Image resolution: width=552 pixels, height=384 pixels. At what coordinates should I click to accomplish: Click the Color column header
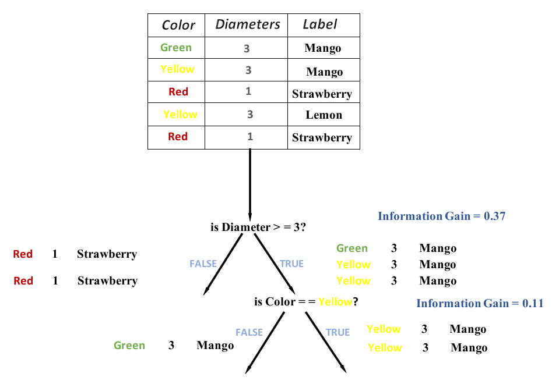click(178, 25)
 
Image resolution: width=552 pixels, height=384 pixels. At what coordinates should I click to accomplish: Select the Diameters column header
click(248, 24)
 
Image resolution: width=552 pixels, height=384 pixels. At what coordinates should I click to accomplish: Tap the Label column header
click(320, 24)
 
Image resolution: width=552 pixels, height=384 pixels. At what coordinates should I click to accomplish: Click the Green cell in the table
click(175, 48)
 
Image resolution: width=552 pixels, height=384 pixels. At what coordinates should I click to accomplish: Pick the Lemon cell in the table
click(324, 115)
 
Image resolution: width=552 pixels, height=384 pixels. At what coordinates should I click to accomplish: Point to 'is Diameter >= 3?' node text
click(258, 227)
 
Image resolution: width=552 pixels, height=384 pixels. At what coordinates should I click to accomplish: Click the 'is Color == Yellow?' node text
click(306, 302)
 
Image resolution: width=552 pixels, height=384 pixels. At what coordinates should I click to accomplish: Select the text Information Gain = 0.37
click(441, 216)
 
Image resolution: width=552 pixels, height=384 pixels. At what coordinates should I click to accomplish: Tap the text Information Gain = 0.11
click(479, 303)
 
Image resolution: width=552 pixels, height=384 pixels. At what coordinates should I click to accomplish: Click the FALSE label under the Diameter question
click(203, 264)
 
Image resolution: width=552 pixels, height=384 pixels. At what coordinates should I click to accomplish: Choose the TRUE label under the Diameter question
click(291, 264)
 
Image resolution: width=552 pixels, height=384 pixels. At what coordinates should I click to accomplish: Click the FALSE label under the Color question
click(249, 332)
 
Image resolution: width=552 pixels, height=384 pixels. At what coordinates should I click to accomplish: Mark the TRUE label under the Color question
click(337, 332)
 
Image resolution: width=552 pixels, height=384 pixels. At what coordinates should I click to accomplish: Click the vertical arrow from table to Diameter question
click(250, 183)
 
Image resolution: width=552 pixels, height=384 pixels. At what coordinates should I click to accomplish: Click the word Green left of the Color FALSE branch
click(129, 346)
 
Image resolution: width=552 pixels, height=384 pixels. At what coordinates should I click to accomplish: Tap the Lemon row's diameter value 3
click(249, 115)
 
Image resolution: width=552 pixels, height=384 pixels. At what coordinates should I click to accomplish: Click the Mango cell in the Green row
click(322, 48)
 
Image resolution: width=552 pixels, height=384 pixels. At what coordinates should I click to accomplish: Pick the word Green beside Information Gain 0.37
click(352, 248)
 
